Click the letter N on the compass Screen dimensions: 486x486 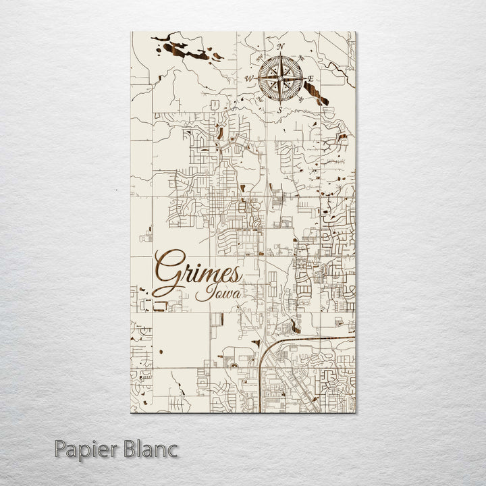[x=279, y=47]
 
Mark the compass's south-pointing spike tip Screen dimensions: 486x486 [x=279, y=103]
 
